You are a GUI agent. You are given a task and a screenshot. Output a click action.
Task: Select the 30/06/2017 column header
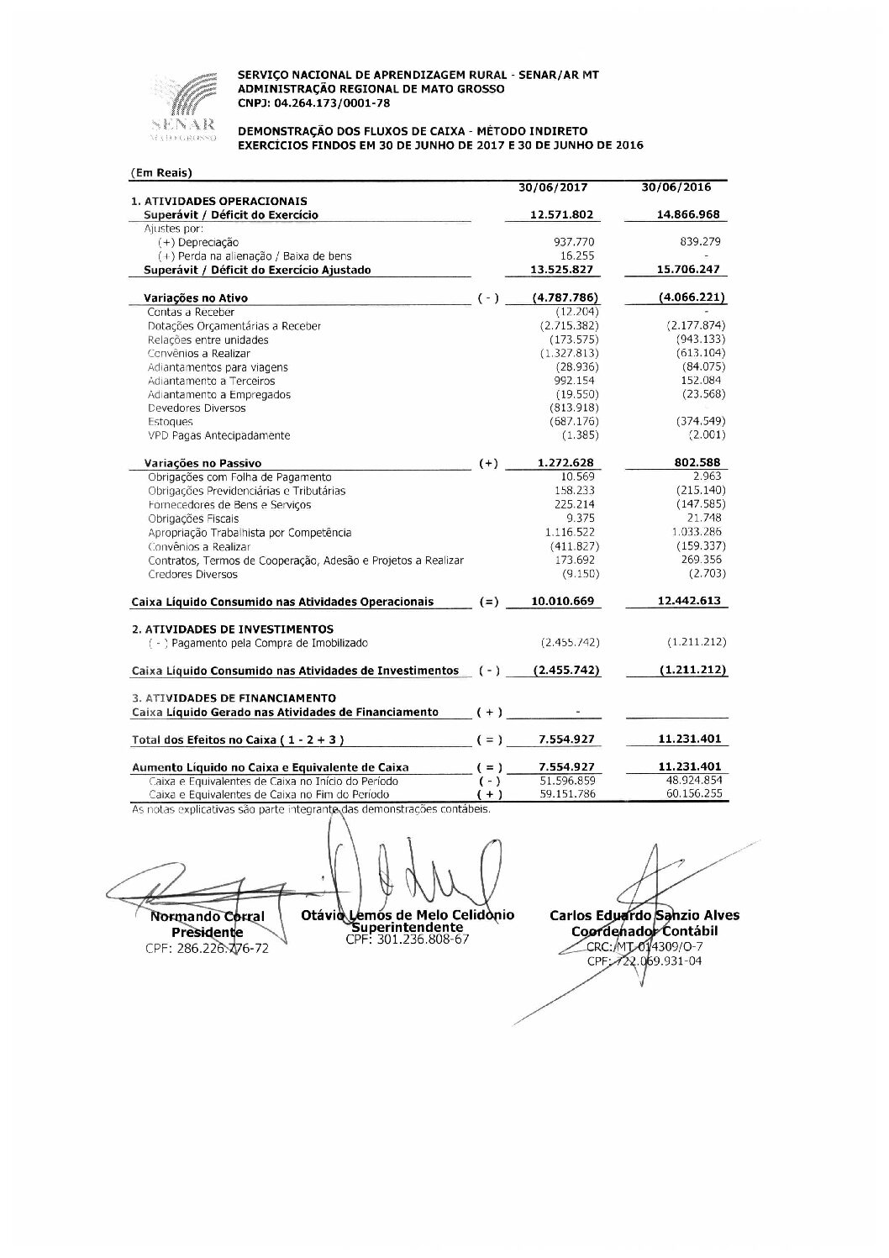tap(553, 187)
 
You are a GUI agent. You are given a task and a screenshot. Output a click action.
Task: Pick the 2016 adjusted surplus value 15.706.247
tap(685, 270)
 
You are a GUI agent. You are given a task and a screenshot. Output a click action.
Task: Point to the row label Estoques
tap(171, 422)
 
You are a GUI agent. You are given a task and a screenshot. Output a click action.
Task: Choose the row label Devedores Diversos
tap(197, 408)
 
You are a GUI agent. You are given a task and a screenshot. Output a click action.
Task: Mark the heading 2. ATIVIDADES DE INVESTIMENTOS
tap(232, 629)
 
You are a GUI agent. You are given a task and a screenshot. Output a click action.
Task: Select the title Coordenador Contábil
tap(644, 931)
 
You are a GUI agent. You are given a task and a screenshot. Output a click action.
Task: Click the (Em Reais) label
tap(162, 173)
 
